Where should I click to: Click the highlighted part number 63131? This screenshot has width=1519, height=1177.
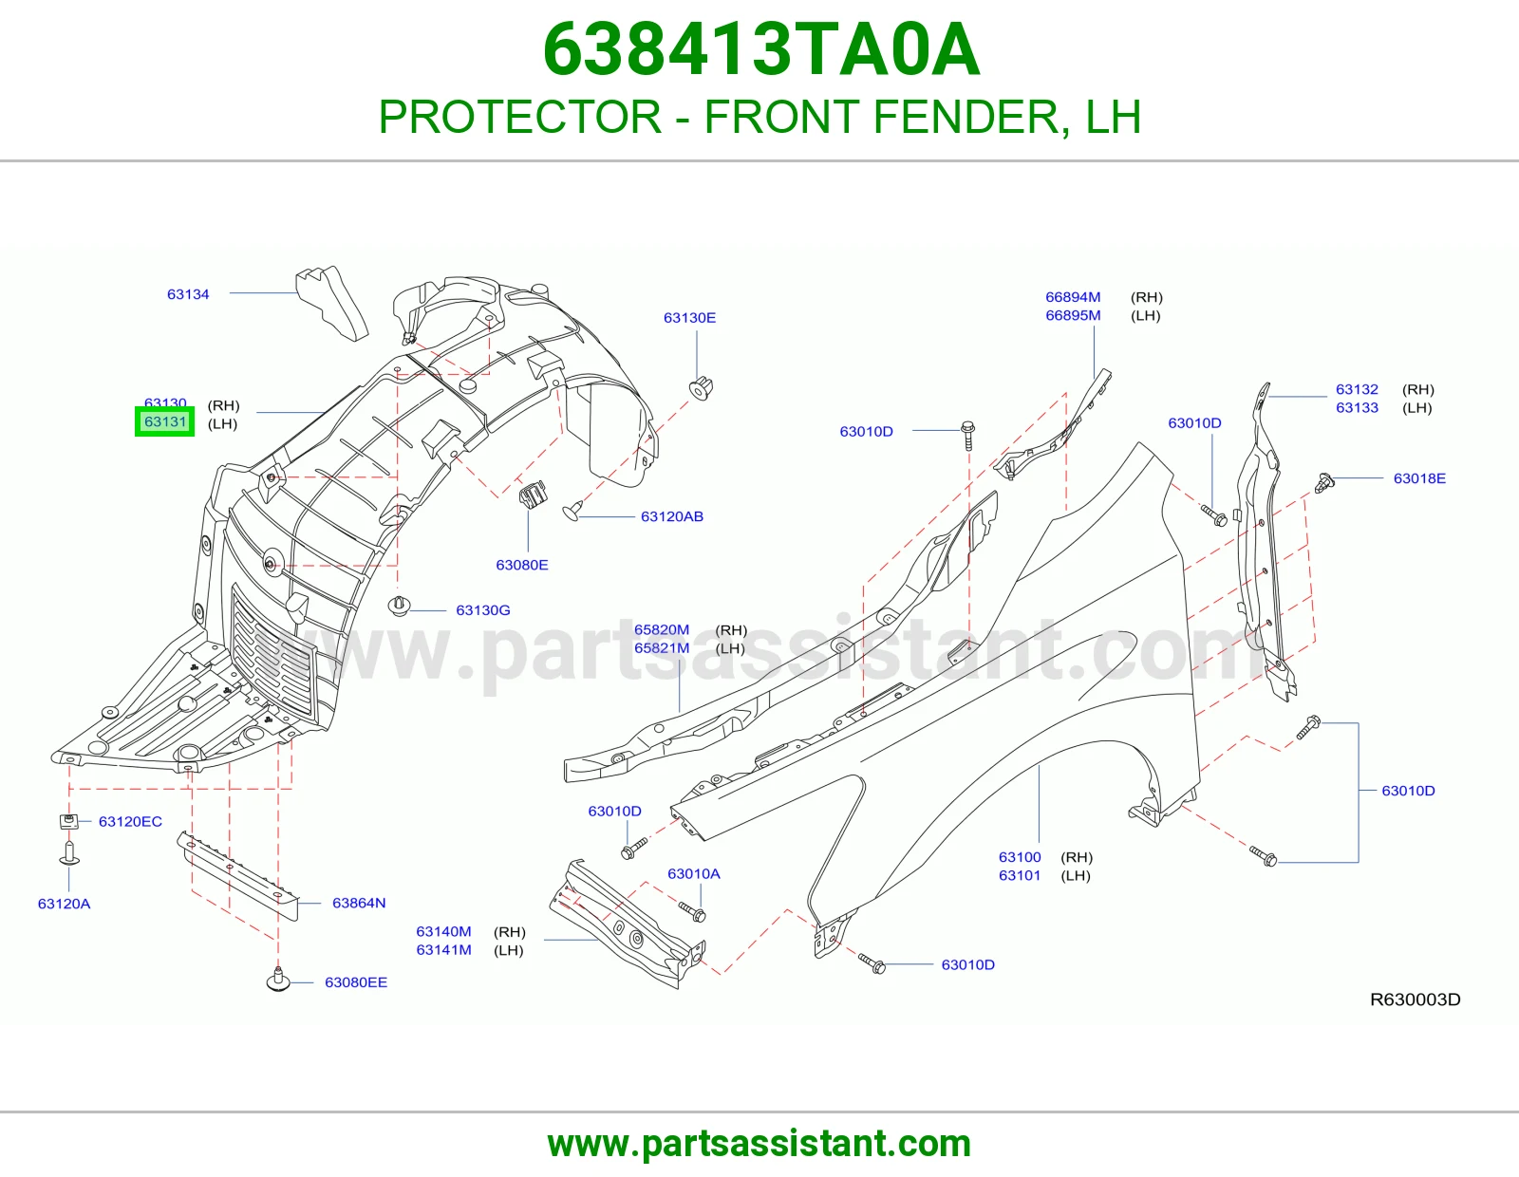coord(165,421)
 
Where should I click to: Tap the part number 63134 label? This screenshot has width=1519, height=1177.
coord(188,294)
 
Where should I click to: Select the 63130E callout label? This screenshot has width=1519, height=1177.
coord(689,317)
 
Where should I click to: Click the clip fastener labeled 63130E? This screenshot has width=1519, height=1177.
coord(701,387)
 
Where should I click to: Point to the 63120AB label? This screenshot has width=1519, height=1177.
coord(672,516)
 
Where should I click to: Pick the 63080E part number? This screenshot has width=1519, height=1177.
coord(521,565)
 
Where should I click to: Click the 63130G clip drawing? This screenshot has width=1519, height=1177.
coord(399,606)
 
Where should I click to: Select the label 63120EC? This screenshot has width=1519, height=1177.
coord(130,821)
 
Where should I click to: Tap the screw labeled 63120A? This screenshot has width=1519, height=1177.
coord(68,853)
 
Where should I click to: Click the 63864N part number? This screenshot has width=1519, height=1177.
coord(359,903)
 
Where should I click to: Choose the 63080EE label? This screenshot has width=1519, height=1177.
coord(356,982)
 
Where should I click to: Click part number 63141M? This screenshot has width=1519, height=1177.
coord(444,950)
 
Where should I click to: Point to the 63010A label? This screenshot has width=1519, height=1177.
coord(693,873)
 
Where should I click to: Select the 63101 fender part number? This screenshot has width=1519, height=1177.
coord(1020,875)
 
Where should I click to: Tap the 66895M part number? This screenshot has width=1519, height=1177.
coord(1073,315)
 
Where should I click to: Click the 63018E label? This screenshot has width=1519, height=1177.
coord(1419,478)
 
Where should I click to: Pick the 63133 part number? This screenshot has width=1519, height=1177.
coord(1357,407)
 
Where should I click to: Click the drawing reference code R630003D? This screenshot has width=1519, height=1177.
coord(1415,1000)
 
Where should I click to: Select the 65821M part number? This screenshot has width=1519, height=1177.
coord(662,648)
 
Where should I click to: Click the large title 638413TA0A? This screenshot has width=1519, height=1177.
coord(760,49)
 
